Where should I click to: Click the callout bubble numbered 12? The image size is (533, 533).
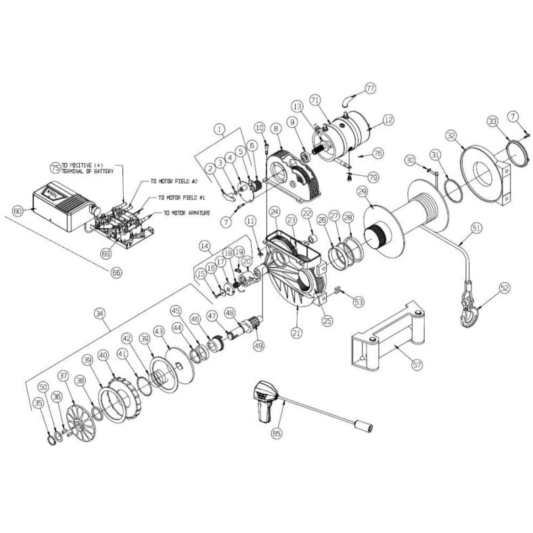388,120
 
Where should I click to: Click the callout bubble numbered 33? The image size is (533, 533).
492,121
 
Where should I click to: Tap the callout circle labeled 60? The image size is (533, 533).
18,212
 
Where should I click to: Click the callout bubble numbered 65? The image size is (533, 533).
276,432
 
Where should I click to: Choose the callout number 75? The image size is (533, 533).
55,166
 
